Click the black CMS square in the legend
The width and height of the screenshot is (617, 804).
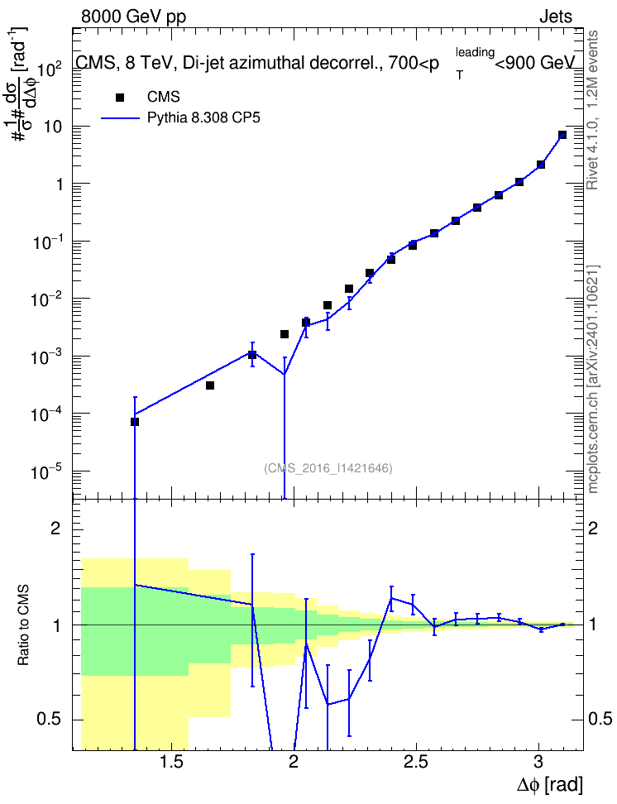point(119,98)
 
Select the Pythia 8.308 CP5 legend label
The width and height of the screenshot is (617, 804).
point(203,118)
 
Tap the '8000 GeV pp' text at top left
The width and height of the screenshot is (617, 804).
point(133,17)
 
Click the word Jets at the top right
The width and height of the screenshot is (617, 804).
point(556,17)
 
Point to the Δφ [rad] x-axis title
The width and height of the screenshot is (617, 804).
point(549,784)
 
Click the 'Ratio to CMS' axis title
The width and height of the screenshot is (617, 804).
point(23,625)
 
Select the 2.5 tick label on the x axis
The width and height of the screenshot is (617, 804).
point(415,762)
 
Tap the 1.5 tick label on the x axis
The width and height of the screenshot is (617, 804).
point(170,762)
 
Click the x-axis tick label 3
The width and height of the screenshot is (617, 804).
point(538,762)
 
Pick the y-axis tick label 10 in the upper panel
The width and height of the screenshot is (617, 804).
point(53,127)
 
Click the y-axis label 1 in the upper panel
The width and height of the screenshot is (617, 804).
point(60,184)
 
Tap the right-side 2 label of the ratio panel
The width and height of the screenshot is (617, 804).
point(592,528)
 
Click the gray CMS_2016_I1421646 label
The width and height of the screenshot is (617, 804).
point(328,468)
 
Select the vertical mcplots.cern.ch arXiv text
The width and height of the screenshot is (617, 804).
point(593,380)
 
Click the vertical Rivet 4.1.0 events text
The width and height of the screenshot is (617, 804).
point(593,110)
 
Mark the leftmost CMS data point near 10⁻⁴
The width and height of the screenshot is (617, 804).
point(135,422)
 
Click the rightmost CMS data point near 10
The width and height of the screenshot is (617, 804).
point(562,135)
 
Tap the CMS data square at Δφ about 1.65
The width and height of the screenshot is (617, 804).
point(210,385)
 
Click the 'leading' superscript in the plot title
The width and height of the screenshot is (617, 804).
point(475,52)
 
